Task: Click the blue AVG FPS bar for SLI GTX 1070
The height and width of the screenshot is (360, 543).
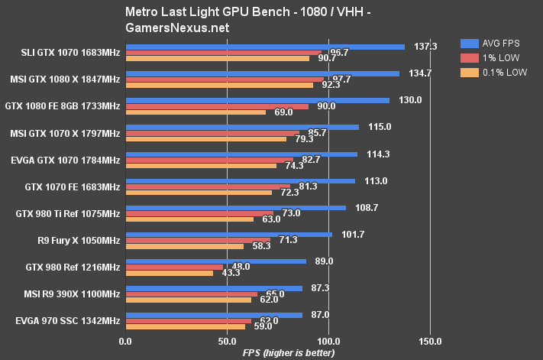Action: point(265,47)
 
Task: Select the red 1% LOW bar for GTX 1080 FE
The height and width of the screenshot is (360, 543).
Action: point(217,106)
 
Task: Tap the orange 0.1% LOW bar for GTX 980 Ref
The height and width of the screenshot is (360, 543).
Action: point(170,273)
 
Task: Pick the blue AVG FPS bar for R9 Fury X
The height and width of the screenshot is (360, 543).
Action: point(229,234)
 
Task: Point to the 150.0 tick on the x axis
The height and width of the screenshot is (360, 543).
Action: point(429,341)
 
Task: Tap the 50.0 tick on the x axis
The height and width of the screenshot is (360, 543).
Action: point(227,341)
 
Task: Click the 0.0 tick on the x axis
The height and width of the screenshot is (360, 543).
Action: point(126,341)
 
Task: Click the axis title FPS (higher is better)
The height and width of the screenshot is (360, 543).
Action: point(278,352)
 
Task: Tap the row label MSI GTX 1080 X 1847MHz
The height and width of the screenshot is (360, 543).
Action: point(66,79)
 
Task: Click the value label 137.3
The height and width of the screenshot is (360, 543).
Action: point(426,47)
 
